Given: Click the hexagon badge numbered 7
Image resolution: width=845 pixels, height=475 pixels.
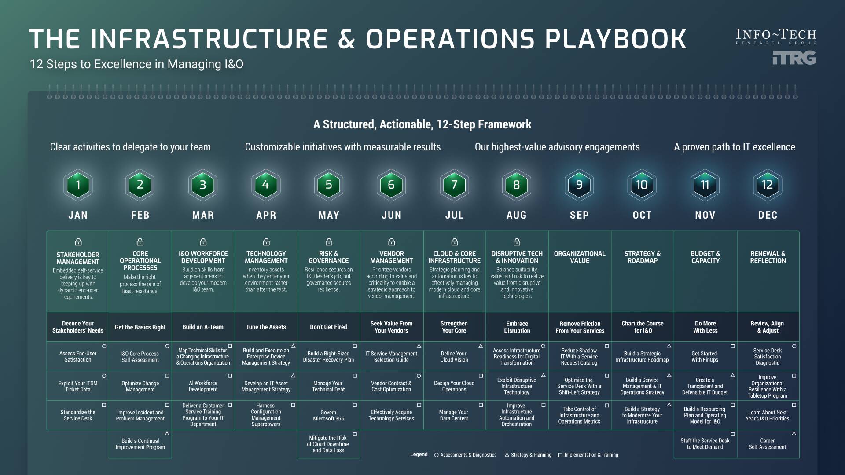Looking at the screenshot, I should (454, 185).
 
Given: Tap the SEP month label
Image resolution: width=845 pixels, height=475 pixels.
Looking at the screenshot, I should (579, 215).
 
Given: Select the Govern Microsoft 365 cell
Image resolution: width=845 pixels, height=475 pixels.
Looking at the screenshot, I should (328, 416).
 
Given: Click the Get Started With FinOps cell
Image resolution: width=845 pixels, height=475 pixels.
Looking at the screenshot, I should (705, 357).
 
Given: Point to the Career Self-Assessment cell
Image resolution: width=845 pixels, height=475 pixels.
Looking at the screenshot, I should (767, 444).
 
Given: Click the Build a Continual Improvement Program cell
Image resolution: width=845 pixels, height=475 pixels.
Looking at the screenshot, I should (140, 444).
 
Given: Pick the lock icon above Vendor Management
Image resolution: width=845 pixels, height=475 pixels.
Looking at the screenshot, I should (391, 242).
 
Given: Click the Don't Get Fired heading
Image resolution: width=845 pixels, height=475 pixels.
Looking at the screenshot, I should (328, 327).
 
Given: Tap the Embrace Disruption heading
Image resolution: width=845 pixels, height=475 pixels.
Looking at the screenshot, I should (517, 327).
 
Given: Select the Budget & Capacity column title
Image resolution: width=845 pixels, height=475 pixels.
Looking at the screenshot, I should (705, 257).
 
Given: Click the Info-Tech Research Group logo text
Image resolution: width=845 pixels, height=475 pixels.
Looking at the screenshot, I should (776, 35).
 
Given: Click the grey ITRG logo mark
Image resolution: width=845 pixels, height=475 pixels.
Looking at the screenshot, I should (794, 58).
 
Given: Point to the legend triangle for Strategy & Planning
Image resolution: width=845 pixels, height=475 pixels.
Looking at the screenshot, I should (507, 455).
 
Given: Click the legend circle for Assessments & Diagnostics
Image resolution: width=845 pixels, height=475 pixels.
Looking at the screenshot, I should (436, 455).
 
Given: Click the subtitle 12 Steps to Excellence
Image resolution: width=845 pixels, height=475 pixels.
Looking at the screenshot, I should (136, 64).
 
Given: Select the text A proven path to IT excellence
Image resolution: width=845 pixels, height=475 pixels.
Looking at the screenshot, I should (734, 147).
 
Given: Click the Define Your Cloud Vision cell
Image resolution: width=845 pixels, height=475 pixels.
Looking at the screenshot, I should (454, 357).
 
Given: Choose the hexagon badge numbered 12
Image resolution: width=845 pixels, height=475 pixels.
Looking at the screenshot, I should (767, 185).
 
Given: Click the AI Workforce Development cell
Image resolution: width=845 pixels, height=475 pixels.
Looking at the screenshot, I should (203, 386).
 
